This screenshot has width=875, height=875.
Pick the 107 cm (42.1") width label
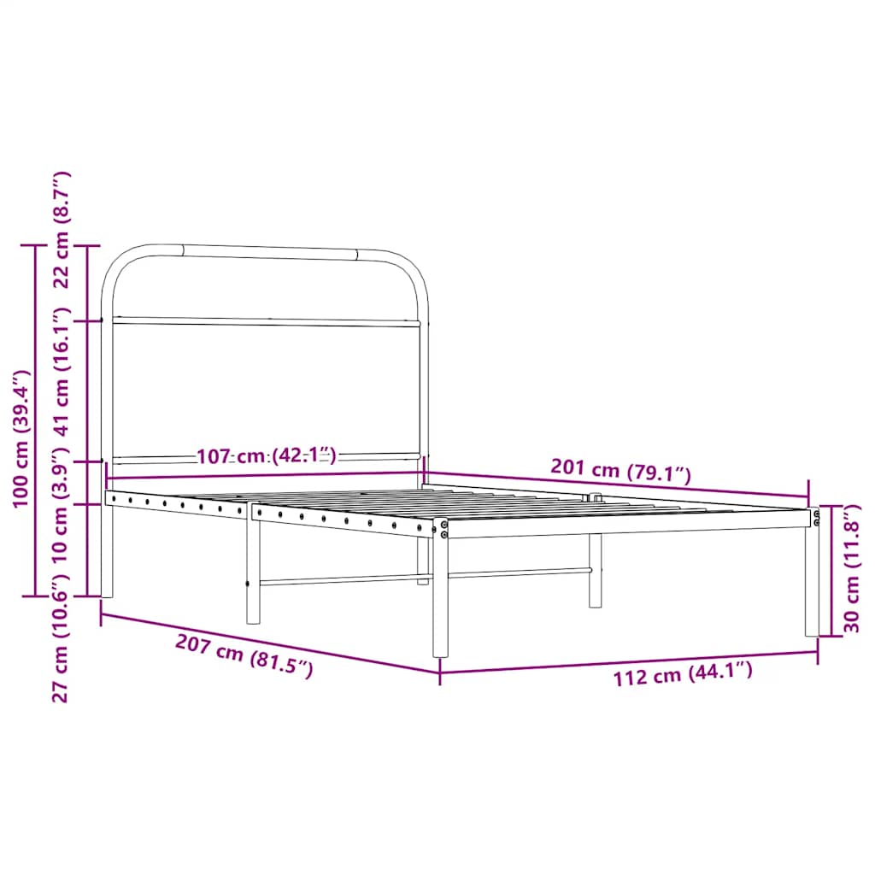coord(267,455)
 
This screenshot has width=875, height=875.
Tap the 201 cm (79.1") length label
coord(620,471)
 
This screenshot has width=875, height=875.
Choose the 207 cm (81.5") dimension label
coord(244,656)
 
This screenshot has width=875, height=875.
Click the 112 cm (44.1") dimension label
coord(683,675)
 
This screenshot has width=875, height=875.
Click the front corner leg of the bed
coord(440,598)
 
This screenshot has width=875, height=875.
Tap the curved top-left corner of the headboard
coord(120,261)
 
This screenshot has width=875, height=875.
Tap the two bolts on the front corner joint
coord(444,530)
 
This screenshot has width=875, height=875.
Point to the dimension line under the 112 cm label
coord(629,661)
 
